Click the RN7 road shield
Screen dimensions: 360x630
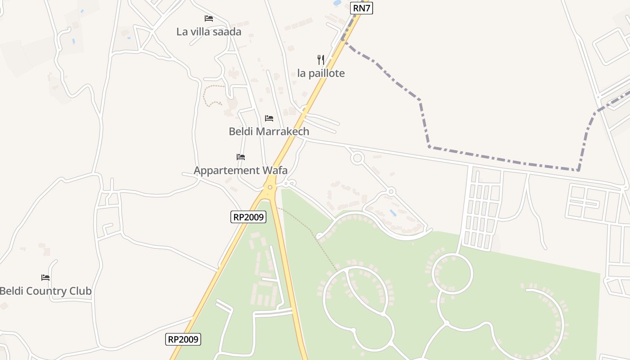tap(361, 8)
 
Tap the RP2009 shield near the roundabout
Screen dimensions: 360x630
tap(249, 217)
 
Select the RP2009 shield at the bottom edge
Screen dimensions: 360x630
tap(183, 339)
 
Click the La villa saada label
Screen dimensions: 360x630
tap(209, 31)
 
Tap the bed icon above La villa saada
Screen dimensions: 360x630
tap(209, 18)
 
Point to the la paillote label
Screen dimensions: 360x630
tap(321, 73)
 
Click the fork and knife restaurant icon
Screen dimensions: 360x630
tap(321, 59)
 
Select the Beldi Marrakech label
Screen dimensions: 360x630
tap(269, 131)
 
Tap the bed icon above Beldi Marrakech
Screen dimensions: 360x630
tap(269, 118)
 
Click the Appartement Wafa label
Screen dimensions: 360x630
tap(240, 171)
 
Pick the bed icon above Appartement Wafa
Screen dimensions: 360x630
tap(241, 157)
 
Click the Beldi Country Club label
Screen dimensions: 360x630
tap(45, 291)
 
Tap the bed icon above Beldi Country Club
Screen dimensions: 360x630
tap(45, 278)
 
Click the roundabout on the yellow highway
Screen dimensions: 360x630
tap(270, 187)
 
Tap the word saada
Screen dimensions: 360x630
tap(228, 31)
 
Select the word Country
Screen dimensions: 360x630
tap(46, 291)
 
